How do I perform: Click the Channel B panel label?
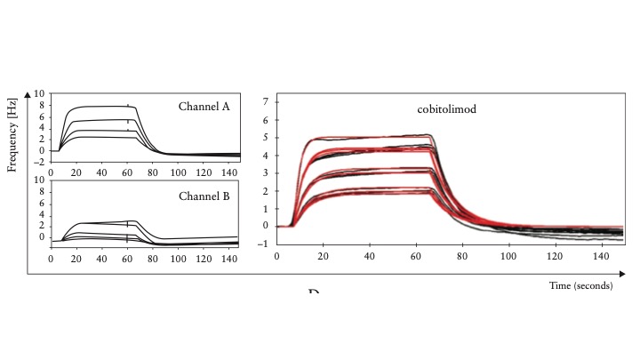pyautogui.click(x=204, y=196)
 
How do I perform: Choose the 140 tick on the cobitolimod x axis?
pyautogui.click(x=600, y=256)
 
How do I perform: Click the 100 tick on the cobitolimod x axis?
pyautogui.click(x=508, y=256)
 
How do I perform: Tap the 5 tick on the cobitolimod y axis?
pyautogui.click(x=266, y=138)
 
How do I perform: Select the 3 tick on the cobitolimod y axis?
pyautogui.click(x=266, y=172)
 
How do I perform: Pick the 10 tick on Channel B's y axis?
pyautogui.click(x=40, y=180)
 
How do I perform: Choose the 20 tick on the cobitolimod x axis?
pyautogui.click(x=324, y=256)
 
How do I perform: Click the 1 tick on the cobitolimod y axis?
pyautogui.click(x=266, y=208)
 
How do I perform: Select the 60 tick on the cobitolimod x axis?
pyautogui.click(x=415, y=256)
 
